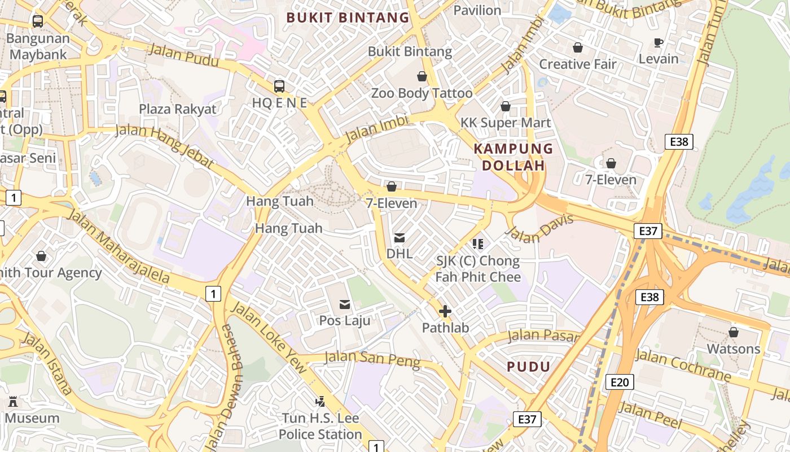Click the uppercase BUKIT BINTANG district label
click(348, 18)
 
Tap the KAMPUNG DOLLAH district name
click(513, 157)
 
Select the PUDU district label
click(528, 367)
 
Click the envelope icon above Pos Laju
click(345, 305)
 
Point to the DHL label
click(400, 254)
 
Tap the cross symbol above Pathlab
click(445, 311)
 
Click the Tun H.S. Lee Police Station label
click(320, 427)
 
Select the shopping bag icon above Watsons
click(734, 332)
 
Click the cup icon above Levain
click(659, 42)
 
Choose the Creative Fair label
click(578, 64)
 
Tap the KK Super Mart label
click(506, 123)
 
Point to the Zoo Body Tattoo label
click(422, 93)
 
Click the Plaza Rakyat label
click(178, 108)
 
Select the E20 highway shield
click(619, 383)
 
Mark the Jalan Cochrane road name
click(683, 365)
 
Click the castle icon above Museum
click(13, 402)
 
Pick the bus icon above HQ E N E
click(279, 86)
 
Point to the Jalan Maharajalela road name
click(118, 246)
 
